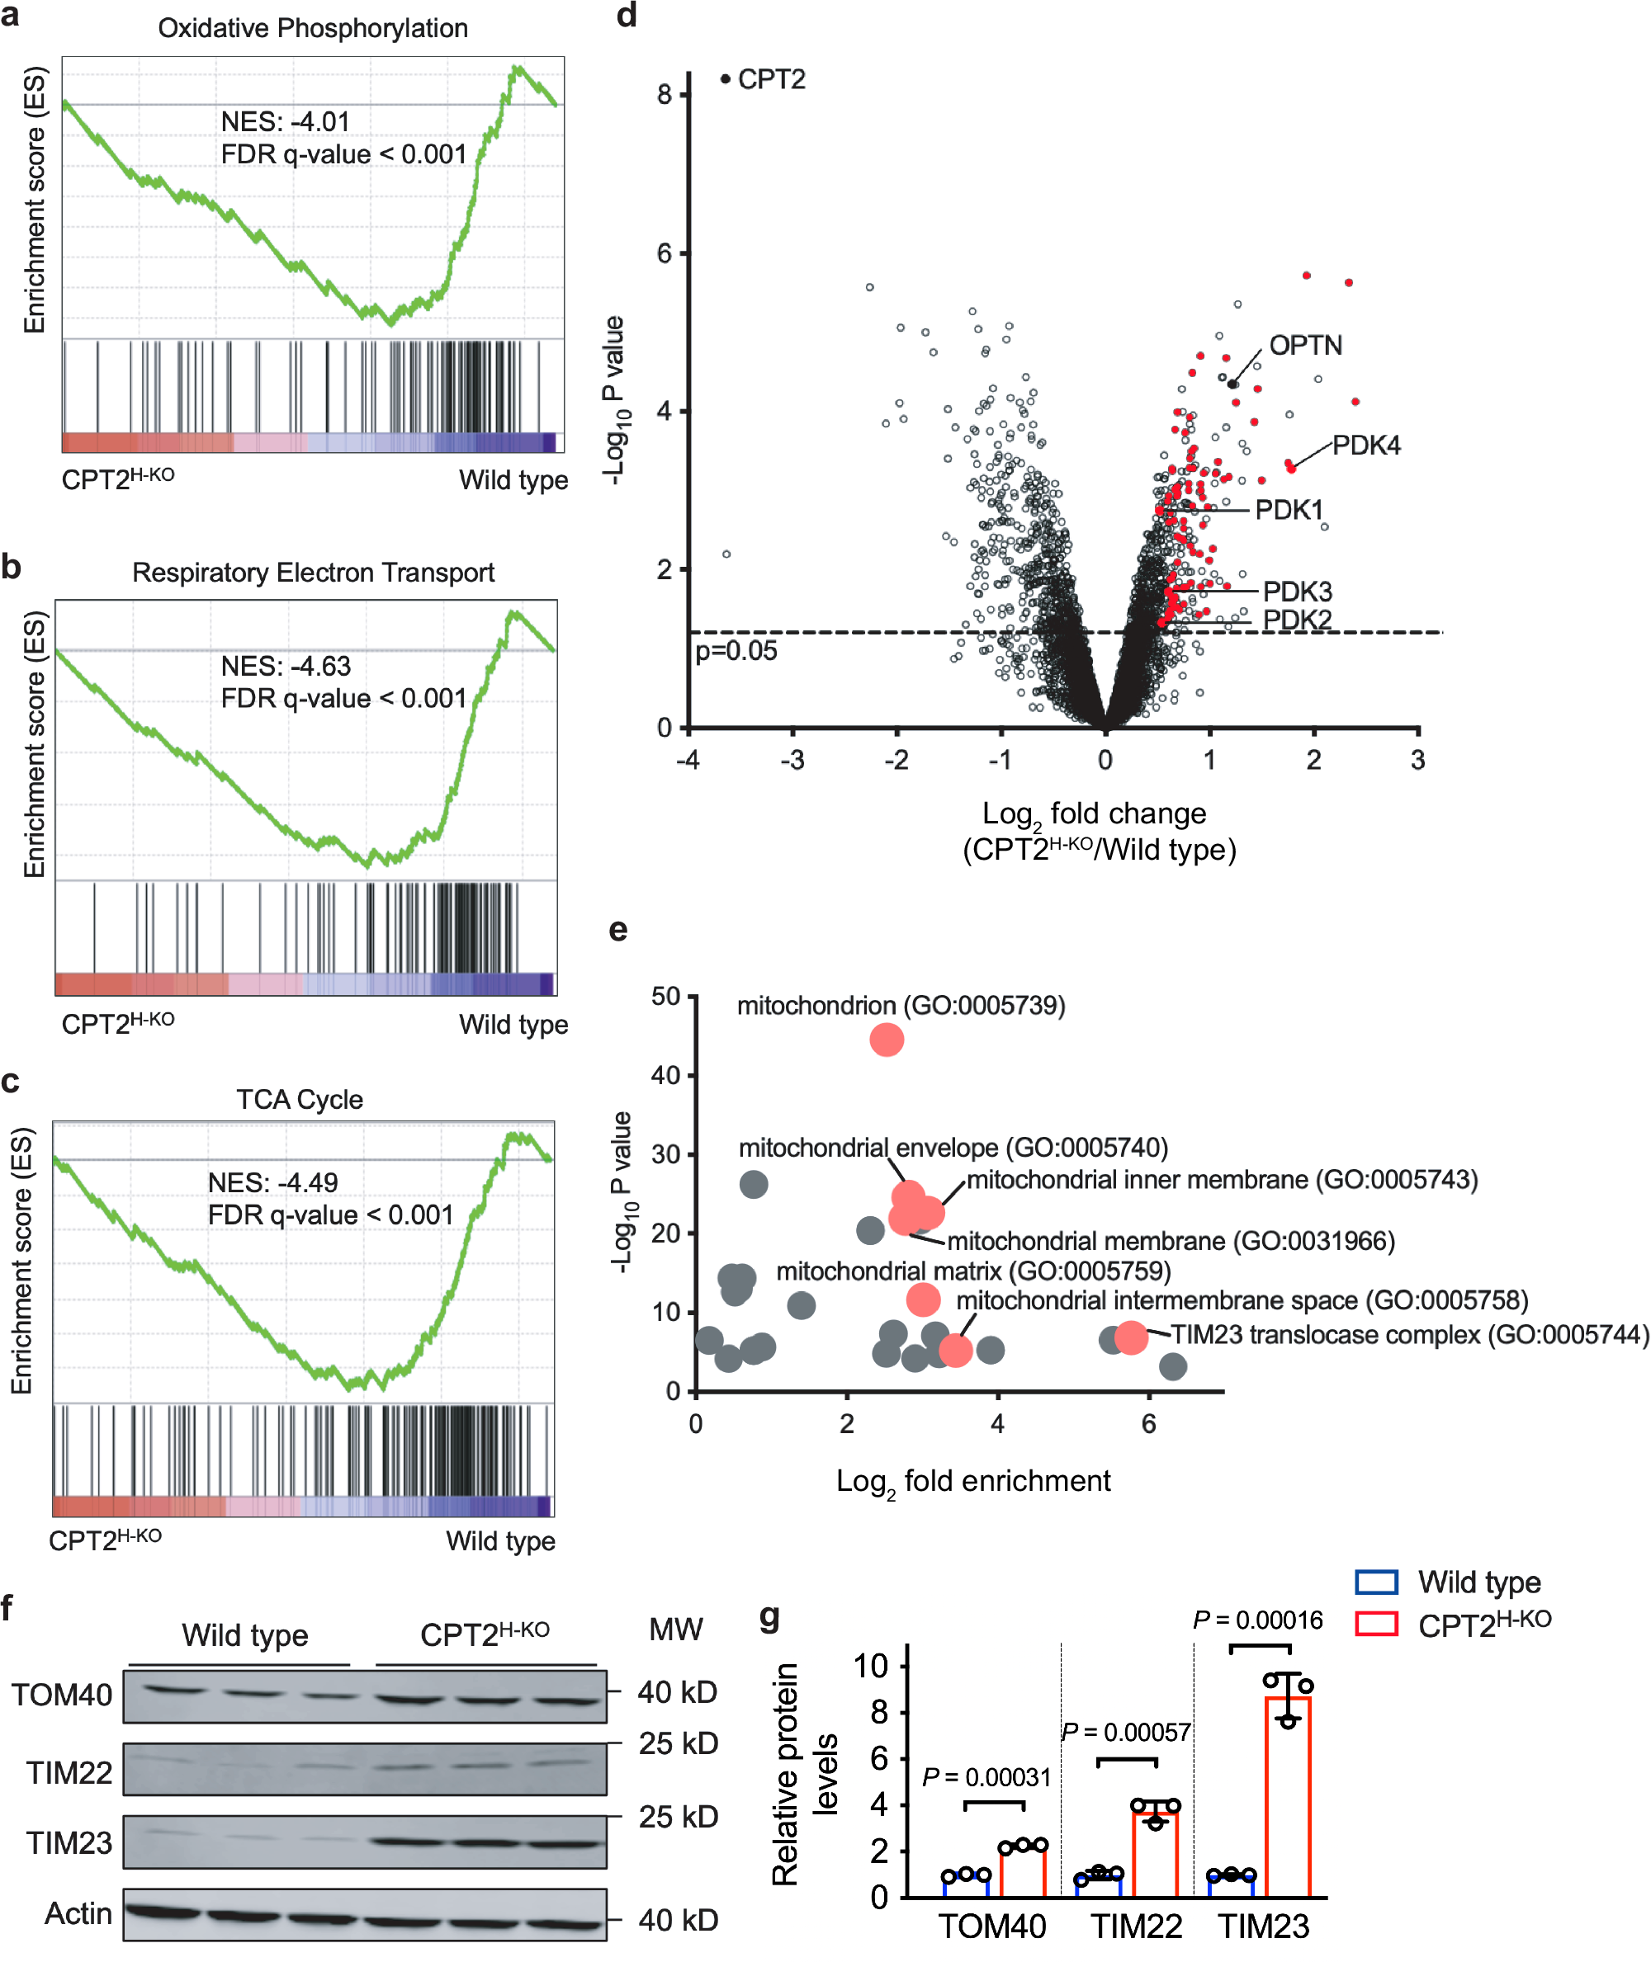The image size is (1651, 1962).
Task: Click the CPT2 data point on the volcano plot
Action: (x=726, y=79)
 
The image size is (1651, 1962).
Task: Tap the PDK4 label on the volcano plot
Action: (x=1365, y=446)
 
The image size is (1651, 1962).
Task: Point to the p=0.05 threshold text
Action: (x=736, y=651)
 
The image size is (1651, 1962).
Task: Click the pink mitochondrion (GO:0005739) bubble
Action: (x=887, y=1040)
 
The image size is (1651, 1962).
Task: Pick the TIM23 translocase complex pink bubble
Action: (x=1131, y=1338)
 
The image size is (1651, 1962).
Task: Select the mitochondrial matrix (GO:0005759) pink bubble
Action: (x=923, y=1299)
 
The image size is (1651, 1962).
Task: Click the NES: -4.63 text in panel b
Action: (x=286, y=666)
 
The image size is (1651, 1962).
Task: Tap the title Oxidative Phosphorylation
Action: (x=313, y=28)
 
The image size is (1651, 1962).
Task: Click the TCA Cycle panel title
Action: (x=300, y=1099)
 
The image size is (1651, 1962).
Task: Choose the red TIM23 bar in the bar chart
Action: (x=1288, y=1797)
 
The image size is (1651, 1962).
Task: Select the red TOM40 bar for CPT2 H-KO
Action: (x=1022, y=1872)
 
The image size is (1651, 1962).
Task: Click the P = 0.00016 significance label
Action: (x=1258, y=1620)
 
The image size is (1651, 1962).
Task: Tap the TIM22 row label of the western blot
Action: (x=69, y=1772)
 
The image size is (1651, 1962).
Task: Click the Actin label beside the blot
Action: (x=78, y=1913)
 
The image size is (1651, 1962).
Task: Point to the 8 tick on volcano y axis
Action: (x=665, y=93)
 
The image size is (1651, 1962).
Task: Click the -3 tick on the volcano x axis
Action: (x=792, y=760)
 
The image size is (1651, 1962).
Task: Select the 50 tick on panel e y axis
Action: (x=665, y=997)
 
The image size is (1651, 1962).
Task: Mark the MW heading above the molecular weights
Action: (x=676, y=1629)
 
